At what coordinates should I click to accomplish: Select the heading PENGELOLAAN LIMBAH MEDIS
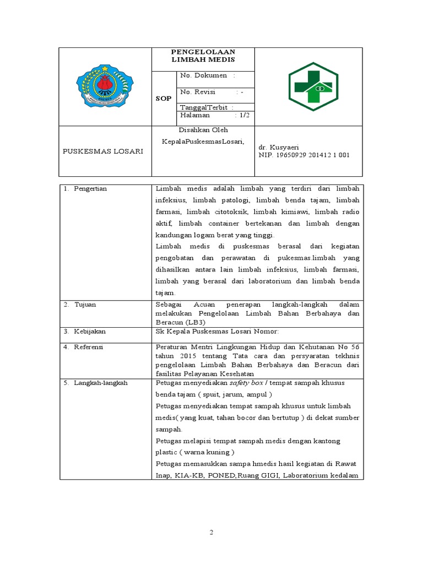[x=203, y=56]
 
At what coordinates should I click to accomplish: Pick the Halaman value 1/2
[x=242, y=116]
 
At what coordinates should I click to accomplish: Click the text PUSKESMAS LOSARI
[x=102, y=151]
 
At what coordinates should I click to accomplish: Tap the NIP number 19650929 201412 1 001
[x=304, y=155]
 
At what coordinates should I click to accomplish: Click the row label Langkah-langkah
[x=100, y=383]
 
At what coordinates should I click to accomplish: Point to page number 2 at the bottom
[x=211, y=533]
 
